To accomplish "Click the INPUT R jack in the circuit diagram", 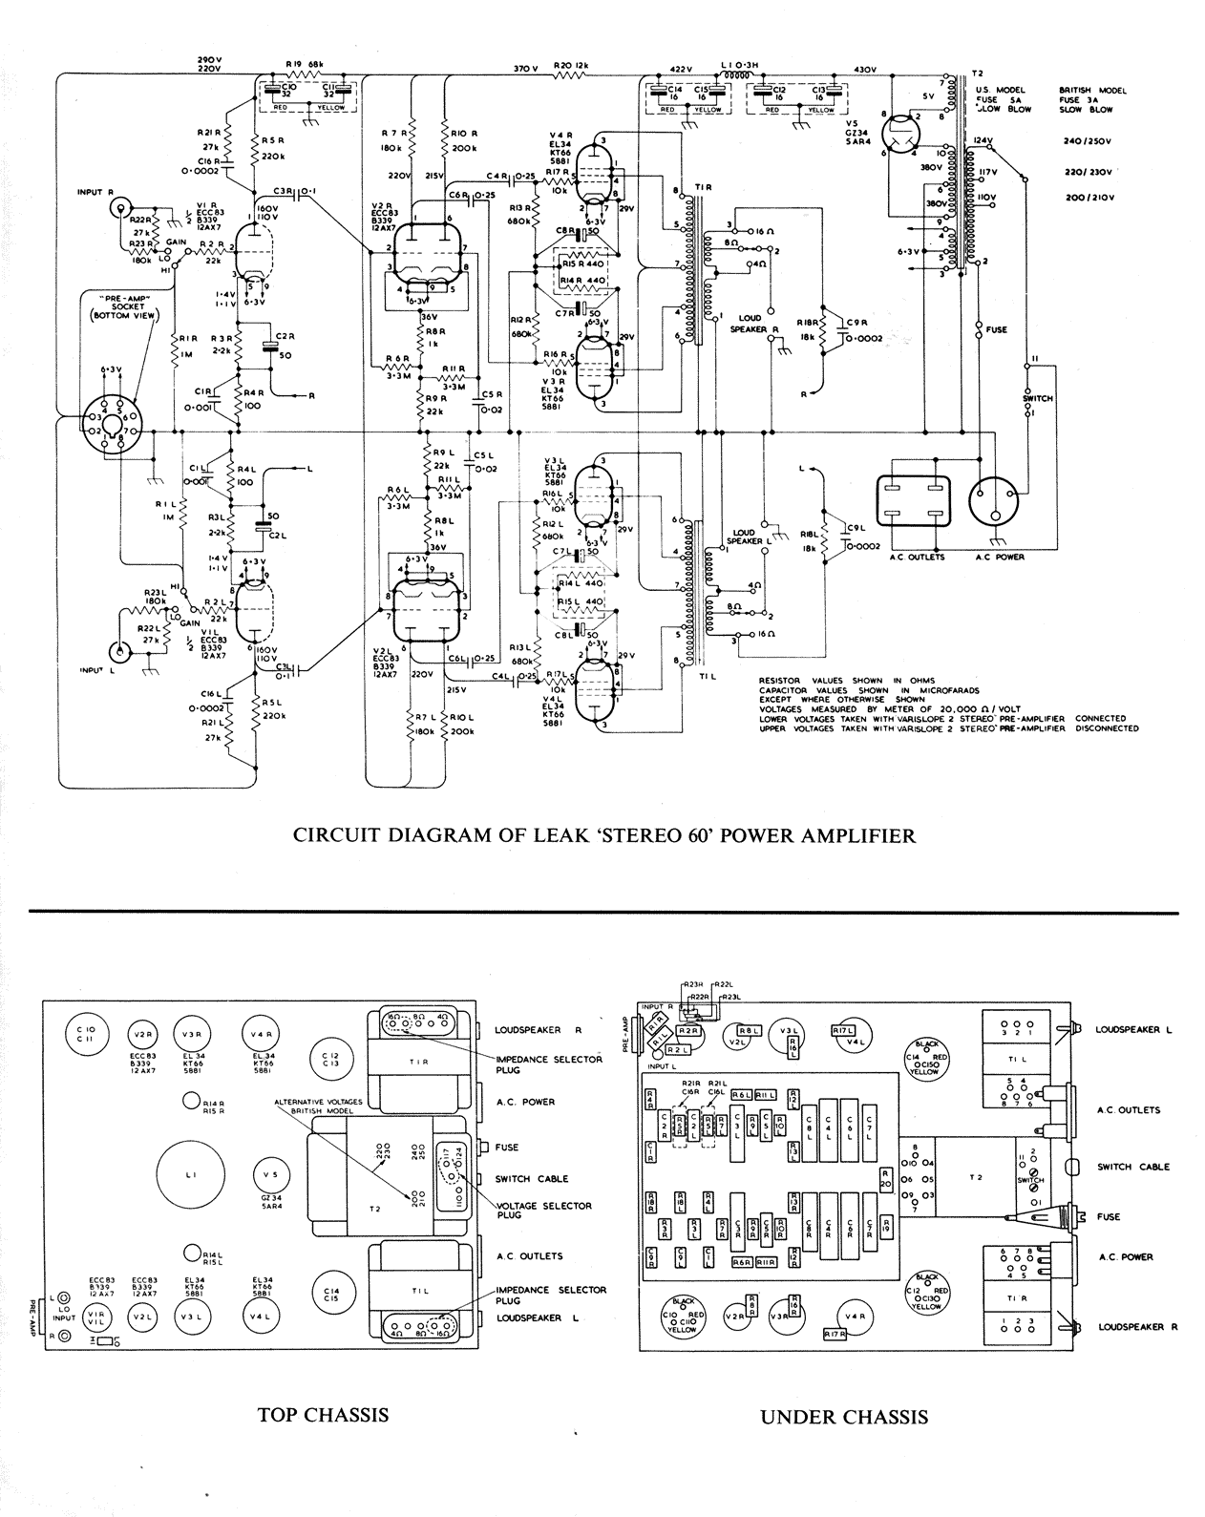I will [118, 207].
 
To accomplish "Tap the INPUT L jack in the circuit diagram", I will [119, 652].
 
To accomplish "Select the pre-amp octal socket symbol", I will [112, 421].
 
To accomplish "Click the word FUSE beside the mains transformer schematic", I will [997, 330].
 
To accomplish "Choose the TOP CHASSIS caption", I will [323, 1415].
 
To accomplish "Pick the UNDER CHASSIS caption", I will [843, 1417].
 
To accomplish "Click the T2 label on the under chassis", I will [975, 1178].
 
